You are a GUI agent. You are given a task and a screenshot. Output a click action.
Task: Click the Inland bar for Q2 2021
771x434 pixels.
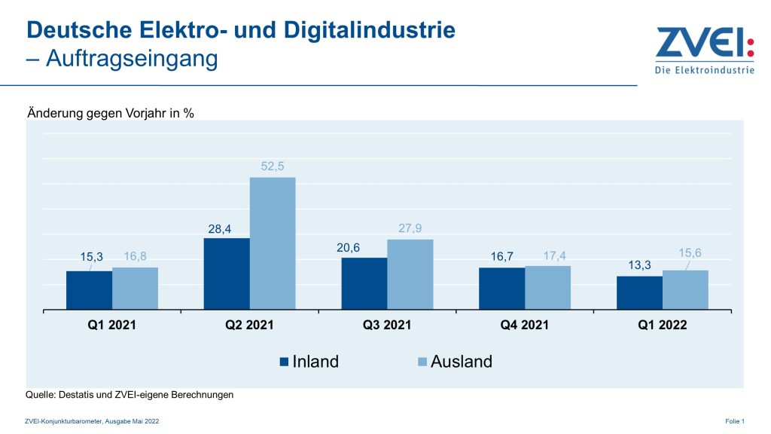coord(227,274)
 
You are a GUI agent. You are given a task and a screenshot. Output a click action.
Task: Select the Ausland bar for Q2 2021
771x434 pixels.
coord(273,243)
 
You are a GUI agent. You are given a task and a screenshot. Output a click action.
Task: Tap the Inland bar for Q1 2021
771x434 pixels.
coord(89,290)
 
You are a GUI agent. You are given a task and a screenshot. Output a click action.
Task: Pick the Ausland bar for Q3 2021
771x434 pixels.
coord(410,274)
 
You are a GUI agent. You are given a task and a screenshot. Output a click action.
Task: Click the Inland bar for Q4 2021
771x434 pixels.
coord(502,288)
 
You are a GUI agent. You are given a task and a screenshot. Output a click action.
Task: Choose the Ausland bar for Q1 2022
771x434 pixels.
coord(685,289)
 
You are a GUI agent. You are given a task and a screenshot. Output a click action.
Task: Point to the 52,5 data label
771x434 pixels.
coord(273,167)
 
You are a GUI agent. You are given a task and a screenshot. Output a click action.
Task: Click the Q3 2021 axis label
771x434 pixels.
coord(387,325)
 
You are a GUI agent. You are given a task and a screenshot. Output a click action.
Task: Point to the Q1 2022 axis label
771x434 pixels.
coord(662,325)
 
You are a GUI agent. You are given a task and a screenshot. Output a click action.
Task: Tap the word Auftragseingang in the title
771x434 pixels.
coord(133,58)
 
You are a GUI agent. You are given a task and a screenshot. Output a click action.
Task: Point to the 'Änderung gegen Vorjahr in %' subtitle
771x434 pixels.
coord(111,114)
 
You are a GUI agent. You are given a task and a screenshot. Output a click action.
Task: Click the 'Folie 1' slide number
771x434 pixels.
coord(734,420)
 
